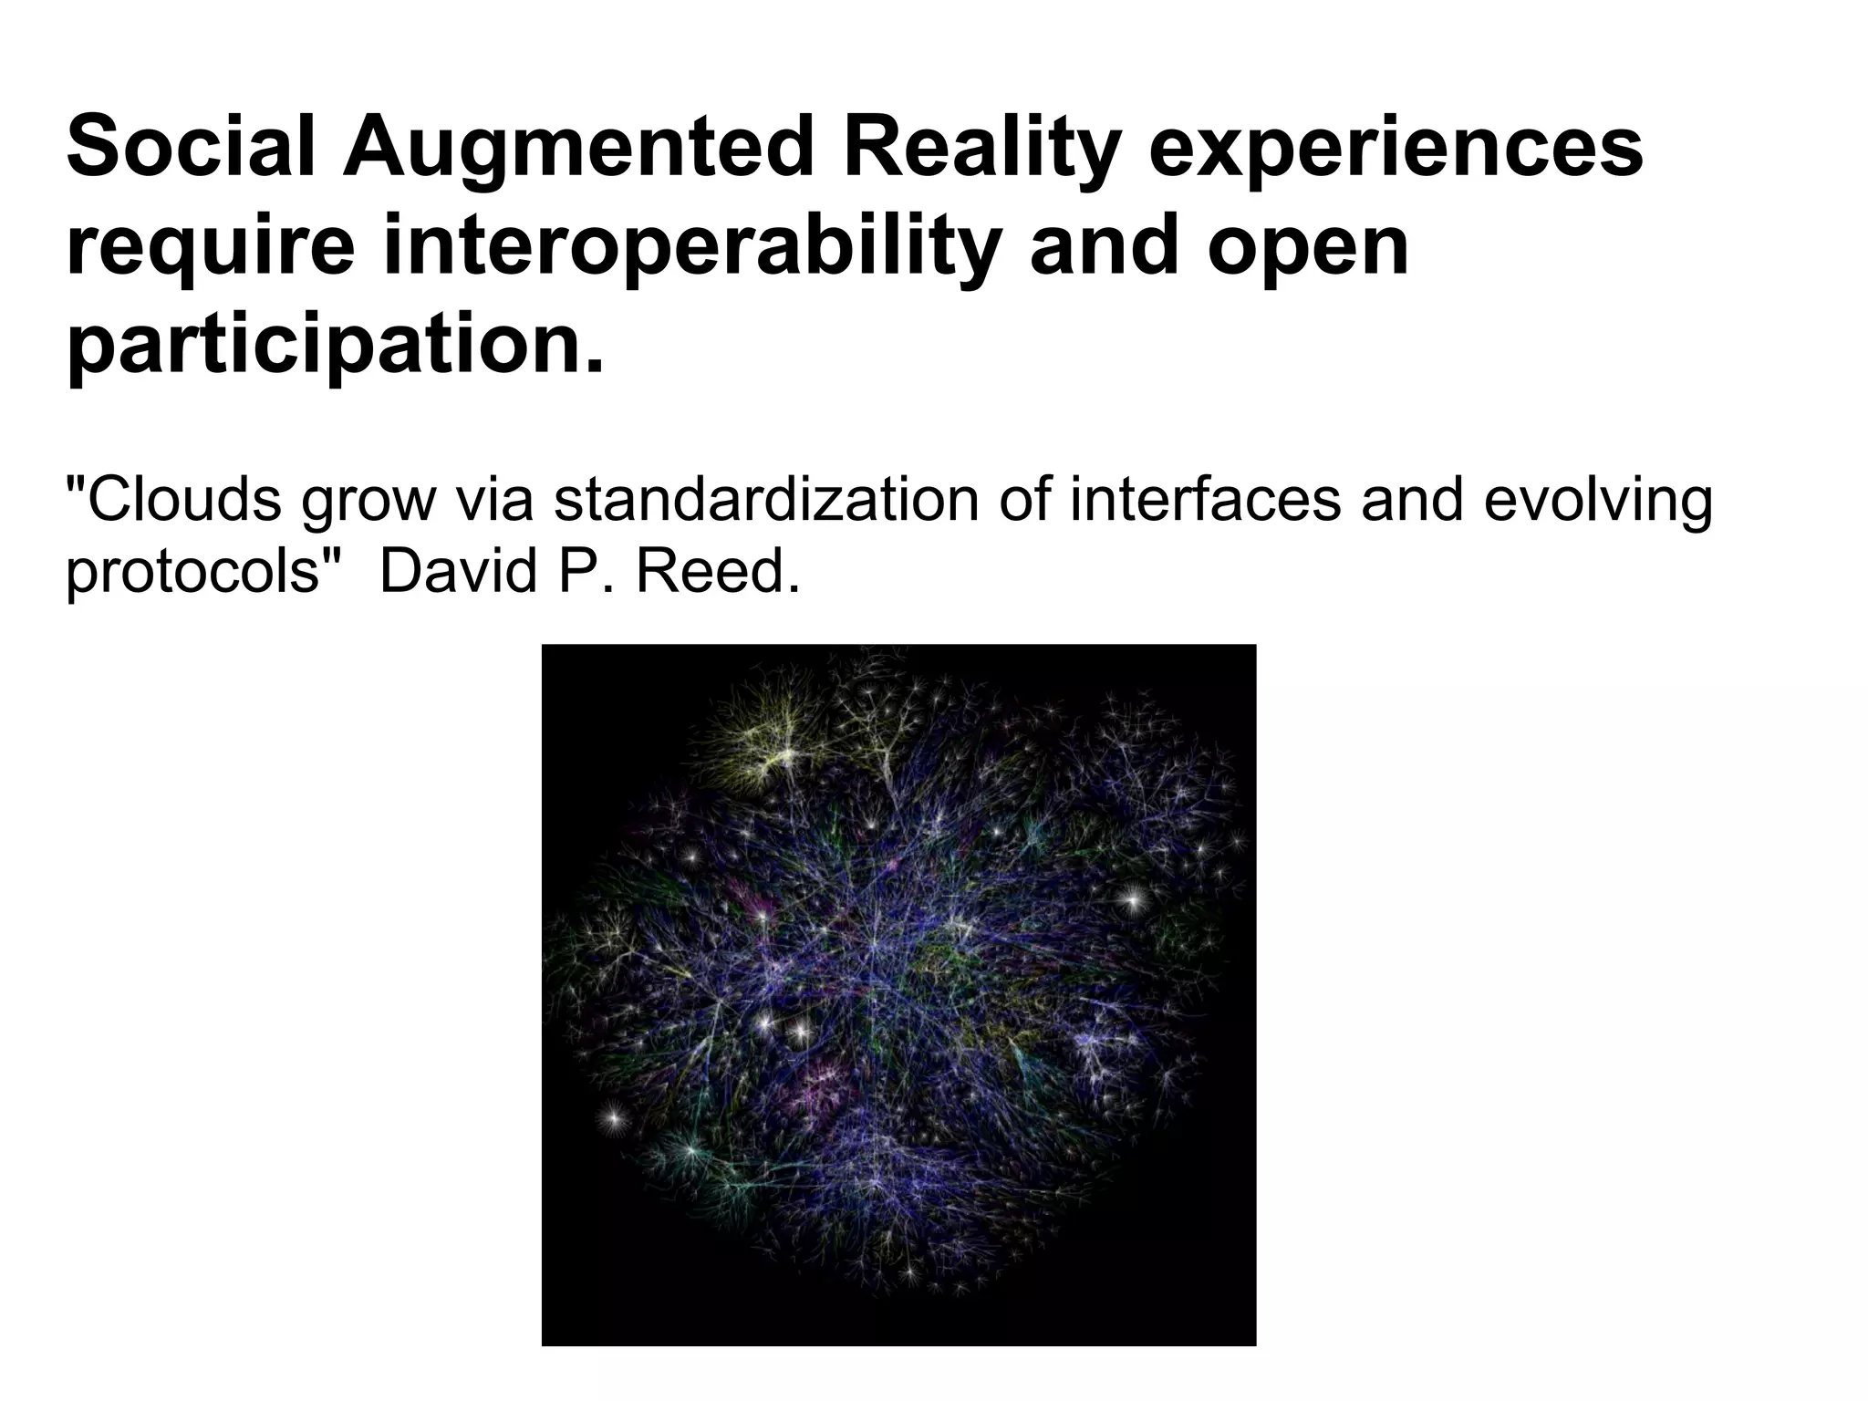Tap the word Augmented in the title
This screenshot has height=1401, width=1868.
578,148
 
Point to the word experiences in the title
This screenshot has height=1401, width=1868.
1396,148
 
